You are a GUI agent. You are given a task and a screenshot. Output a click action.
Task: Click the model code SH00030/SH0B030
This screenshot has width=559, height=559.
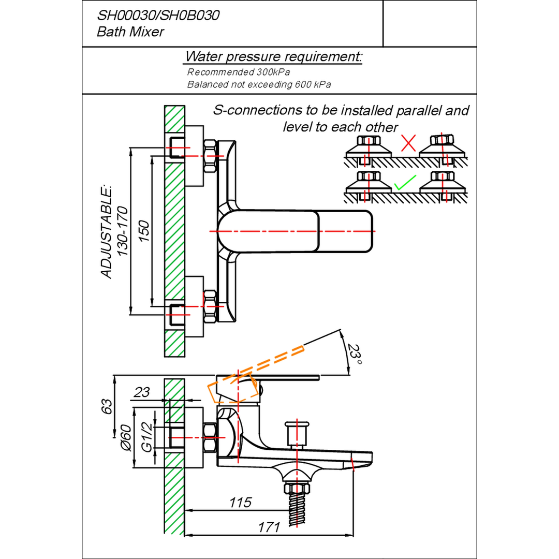click(158, 16)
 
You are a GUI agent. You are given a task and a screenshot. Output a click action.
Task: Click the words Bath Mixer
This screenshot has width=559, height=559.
click(130, 32)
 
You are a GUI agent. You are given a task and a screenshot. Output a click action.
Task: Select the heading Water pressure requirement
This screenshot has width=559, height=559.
click(273, 57)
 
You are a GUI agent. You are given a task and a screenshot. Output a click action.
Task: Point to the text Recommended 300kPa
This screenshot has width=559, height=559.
click(238, 72)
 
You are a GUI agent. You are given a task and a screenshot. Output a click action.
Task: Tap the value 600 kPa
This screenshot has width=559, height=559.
click(313, 84)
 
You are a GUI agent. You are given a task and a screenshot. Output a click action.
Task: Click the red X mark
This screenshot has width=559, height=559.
click(408, 143)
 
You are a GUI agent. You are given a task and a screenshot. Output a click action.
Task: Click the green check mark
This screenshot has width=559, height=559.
click(405, 183)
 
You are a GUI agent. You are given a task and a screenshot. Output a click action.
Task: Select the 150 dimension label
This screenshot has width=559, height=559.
click(144, 231)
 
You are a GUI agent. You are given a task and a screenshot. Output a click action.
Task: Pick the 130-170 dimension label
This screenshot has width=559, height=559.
click(122, 231)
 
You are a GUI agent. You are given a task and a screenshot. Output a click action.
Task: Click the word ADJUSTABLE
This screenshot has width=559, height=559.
click(106, 232)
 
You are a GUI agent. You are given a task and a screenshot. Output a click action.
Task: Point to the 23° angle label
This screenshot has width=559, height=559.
click(355, 354)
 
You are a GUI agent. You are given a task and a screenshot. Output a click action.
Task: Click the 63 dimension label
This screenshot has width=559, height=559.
click(107, 406)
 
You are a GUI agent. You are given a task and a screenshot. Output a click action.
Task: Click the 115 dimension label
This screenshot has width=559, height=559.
click(240, 502)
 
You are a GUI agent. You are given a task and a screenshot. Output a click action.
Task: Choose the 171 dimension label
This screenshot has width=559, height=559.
click(269, 527)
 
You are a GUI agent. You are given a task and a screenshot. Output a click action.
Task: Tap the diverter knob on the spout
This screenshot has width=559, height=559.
click(297, 435)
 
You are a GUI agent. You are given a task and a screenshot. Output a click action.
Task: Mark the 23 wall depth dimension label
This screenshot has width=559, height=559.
click(141, 392)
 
